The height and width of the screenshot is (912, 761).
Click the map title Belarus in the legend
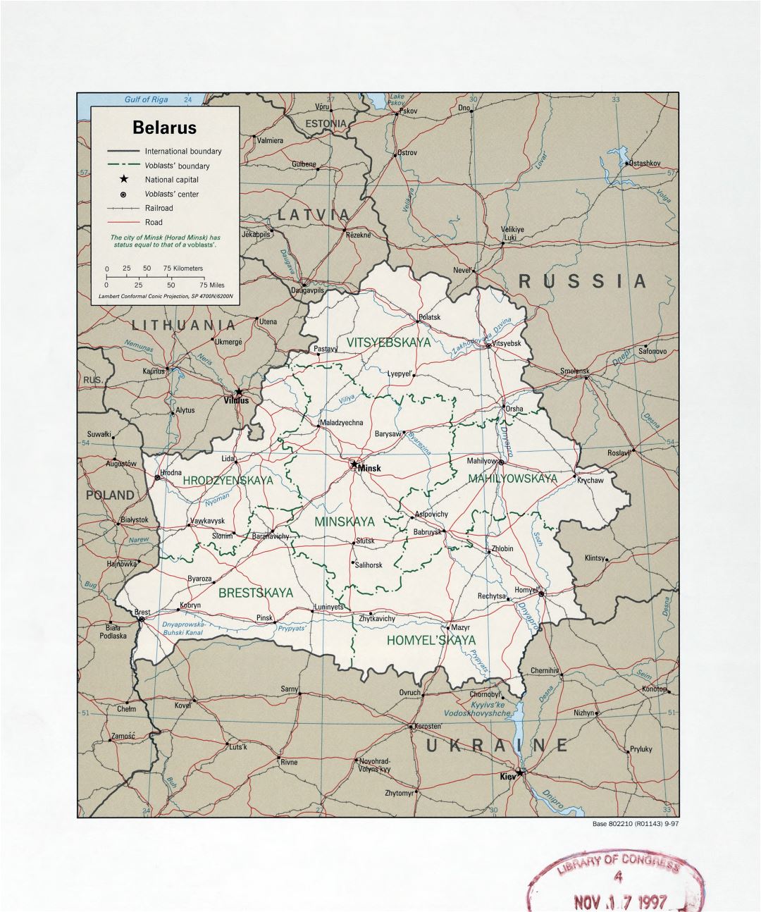tap(164, 128)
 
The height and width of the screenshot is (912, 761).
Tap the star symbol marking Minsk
tap(354, 464)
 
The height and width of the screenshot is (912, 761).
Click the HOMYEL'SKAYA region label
tap(431, 640)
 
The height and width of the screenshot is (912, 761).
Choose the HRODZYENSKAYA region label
tap(228, 480)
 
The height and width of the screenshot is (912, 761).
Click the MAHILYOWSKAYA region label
tap(513, 479)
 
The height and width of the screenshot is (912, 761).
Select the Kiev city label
tap(507, 776)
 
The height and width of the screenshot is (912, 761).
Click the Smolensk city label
tap(574, 371)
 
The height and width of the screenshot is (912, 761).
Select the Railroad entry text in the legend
tap(159, 208)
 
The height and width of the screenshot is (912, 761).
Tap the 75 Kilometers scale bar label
tap(183, 269)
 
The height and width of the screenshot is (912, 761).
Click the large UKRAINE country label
tap(496, 746)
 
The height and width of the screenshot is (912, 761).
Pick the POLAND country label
tap(110, 495)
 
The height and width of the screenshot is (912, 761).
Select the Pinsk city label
tap(264, 618)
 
